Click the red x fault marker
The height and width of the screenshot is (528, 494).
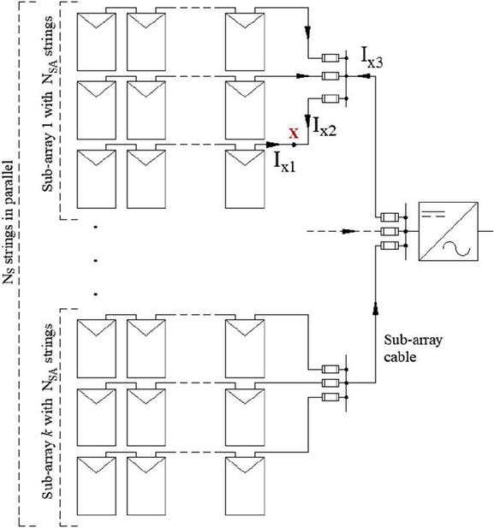294,133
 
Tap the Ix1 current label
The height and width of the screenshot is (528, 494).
285,163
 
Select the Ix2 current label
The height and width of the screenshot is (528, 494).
324,126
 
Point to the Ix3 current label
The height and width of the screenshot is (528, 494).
372,57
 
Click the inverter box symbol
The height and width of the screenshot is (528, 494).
448,231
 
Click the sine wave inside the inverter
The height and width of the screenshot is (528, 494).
456,248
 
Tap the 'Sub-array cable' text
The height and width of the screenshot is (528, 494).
413,348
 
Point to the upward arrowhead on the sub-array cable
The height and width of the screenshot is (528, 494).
376,308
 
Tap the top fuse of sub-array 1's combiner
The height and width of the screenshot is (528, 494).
330,58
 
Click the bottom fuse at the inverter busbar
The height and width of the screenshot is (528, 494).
390,246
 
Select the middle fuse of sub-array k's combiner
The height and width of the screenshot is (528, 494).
330,383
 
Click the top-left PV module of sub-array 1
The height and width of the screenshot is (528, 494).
97,42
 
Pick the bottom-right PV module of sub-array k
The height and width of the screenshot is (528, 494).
245,486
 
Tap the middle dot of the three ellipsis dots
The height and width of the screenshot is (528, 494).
96,261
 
